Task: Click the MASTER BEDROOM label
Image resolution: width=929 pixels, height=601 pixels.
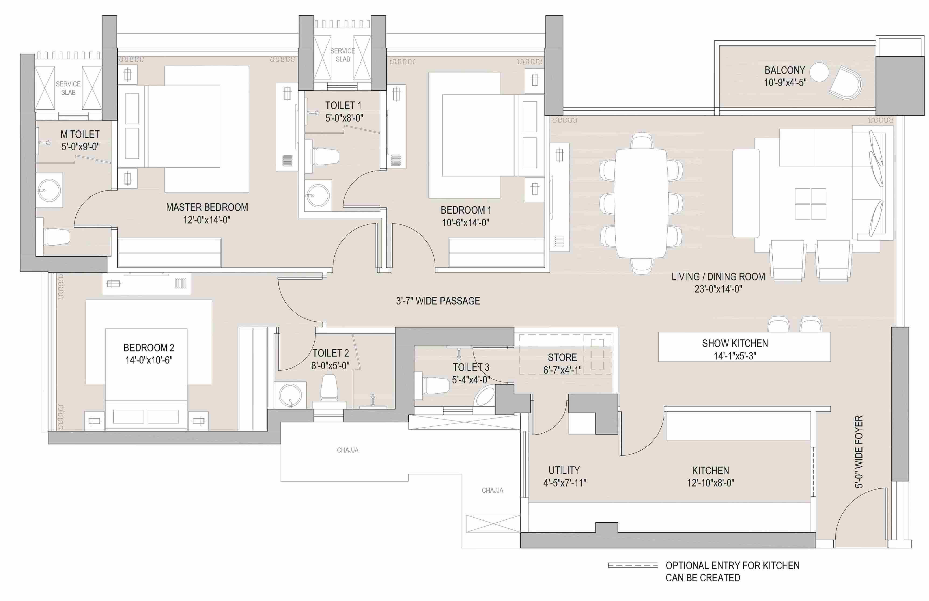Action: tap(207, 207)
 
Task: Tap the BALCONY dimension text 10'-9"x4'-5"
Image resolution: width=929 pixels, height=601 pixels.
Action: tap(785, 83)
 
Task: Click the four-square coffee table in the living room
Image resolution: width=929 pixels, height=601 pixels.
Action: tap(810, 204)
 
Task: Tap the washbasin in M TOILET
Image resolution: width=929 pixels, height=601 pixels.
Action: tap(49, 190)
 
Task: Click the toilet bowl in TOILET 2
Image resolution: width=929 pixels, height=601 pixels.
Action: tap(329, 388)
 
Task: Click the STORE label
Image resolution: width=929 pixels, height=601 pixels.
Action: tap(562, 357)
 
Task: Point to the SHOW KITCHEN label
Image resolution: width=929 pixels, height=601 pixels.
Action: tap(735, 343)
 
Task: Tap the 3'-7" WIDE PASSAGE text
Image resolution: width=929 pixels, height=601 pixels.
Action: tap(438, 301)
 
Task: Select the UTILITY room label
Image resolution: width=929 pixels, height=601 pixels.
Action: tap(564, 470)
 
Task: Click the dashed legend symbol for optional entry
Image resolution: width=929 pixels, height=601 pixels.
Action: tap(633, 565)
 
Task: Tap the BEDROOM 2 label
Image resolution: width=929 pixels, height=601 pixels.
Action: tap(149, 348)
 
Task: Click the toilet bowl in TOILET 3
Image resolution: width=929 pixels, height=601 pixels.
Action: tap(436, 385)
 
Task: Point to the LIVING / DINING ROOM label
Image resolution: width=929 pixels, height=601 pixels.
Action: tap(718, 277)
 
